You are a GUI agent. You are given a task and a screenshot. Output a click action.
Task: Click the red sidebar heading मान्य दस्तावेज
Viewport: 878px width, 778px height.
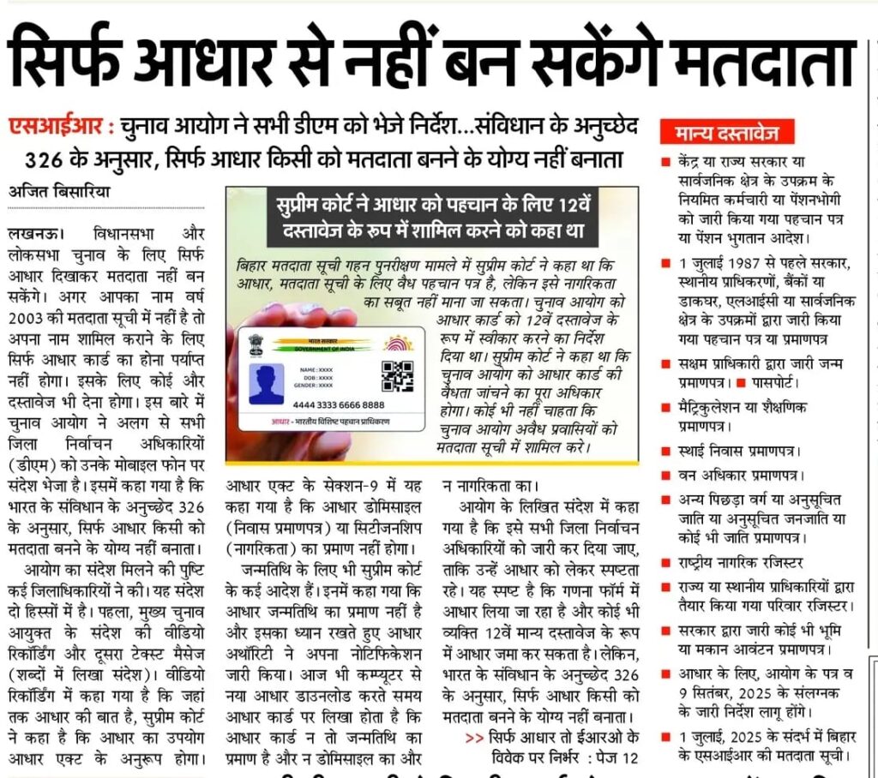[727, 133]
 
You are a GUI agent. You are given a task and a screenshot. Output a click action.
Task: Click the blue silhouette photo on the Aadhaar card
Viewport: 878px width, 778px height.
[267, 385]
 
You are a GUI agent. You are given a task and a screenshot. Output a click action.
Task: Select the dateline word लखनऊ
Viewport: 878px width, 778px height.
[33, 233]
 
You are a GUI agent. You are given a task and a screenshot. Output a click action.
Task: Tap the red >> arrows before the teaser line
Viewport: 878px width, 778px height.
[473, 737]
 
